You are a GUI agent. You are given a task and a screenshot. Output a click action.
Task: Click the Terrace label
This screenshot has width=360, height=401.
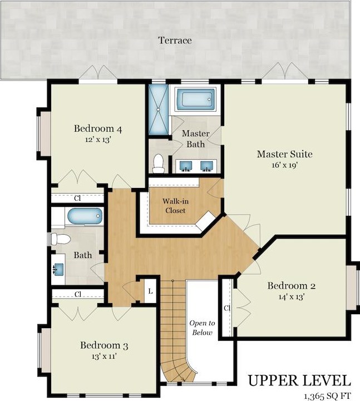click(175, 41)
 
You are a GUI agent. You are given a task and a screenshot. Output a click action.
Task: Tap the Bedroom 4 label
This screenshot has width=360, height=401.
click(98, 129)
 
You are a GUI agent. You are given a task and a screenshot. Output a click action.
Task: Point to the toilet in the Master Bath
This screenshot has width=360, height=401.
click(159, 162)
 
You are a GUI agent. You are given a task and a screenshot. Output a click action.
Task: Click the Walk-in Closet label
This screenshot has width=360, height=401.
click(174, 206)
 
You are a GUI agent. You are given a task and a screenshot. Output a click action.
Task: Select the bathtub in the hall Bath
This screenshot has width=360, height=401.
click(85, 216)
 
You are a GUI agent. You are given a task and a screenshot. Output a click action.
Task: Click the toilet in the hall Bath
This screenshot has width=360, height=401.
click(60, 239)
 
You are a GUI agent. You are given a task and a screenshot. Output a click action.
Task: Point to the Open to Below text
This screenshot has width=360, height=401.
click(202, 328)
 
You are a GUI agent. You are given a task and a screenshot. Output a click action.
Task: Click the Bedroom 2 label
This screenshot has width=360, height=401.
click(292, 286)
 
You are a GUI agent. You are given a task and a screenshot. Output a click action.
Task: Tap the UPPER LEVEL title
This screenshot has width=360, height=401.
click(299, 381)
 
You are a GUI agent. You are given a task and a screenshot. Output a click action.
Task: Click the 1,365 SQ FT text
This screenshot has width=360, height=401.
click(327, 395)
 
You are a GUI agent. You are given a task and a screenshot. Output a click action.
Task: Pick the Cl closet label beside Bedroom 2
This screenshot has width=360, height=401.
click(228, 308)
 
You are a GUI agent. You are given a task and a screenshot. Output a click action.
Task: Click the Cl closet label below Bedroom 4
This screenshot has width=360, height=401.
click(77, 198)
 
